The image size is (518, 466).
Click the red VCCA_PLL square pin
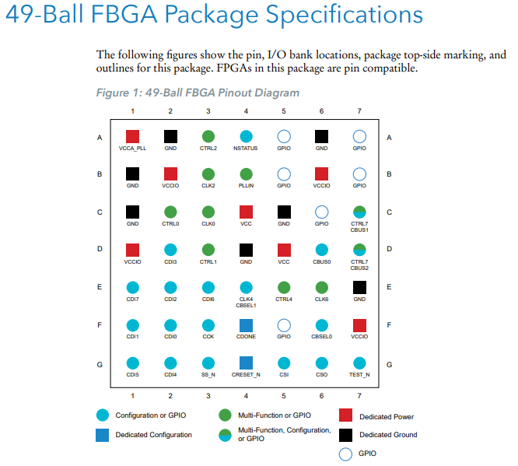tap(132, 137)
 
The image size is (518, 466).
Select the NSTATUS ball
tap(246, 137)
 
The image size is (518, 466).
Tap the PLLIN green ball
tap(246, 174)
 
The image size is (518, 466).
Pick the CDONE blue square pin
tap(246, 324)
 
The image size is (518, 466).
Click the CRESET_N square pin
tap(246, 363)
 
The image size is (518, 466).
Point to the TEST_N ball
tap(359, 363)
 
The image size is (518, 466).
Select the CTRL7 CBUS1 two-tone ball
tap(359, 212)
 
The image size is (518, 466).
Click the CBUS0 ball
tap(321, 250)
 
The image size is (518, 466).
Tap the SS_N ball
tap(208, 363)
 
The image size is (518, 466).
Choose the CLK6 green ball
tap(321, 287)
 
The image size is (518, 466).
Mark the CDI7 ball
tap(132, 287)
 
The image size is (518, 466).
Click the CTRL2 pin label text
tap(208, 148)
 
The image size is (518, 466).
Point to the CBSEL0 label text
tap(321, 336)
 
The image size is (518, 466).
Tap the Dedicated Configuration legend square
tap(103, 435)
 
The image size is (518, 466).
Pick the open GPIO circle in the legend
tap(346, 454)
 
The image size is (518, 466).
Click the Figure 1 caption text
tap(198, 93)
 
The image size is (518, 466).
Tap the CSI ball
tap(284, 363)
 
